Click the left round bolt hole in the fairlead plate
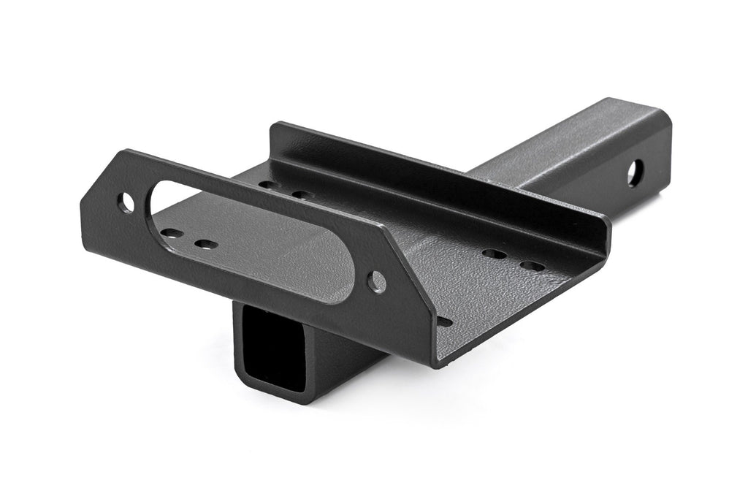128,203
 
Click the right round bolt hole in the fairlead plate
377,281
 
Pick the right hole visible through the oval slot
207,243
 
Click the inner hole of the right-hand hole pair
495,254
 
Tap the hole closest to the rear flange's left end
270,184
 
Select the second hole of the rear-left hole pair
302,194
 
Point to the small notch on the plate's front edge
443,321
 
